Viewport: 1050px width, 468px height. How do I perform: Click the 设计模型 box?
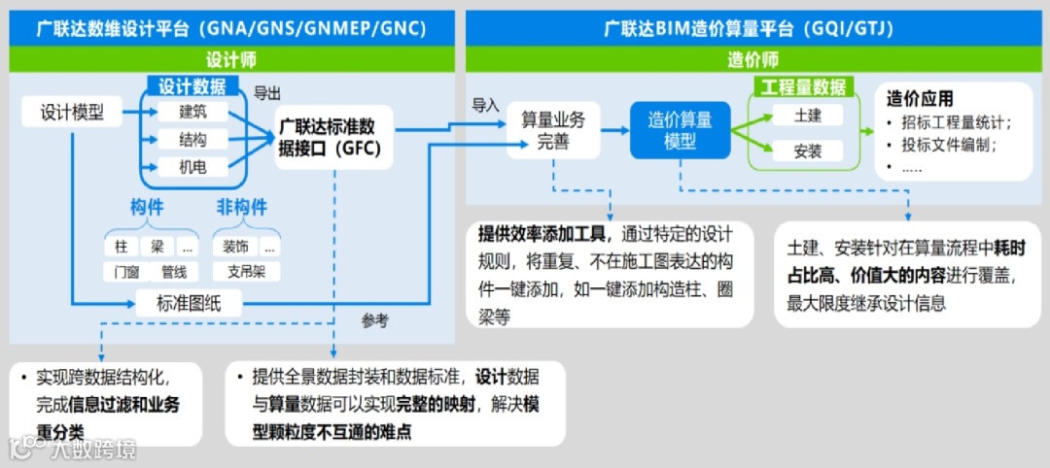point(72,112)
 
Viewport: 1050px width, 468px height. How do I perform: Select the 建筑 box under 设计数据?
point(192,112)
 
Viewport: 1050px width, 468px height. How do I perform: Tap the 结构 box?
point(192,140)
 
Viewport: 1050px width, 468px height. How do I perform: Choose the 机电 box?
point(192,167)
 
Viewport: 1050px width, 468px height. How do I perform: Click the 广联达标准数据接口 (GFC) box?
point(327,138)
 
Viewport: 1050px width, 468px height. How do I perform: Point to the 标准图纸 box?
point(189,303)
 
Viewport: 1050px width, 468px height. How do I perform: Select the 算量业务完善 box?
point(553,131)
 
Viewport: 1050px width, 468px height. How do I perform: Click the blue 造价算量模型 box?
point(681,130)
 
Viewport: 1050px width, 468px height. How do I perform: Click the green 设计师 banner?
point(231,60)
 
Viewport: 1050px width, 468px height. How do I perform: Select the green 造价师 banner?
point(753,60)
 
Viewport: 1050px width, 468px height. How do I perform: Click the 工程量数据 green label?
point(803,87)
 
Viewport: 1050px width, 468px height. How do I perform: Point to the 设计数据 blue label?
point(192,86)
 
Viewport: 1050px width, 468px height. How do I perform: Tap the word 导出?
point(267,93)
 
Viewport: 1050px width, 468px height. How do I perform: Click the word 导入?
point(485,104)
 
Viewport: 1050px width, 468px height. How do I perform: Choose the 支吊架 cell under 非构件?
point(246,272)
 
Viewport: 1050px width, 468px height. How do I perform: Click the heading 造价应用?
point(920,99)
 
